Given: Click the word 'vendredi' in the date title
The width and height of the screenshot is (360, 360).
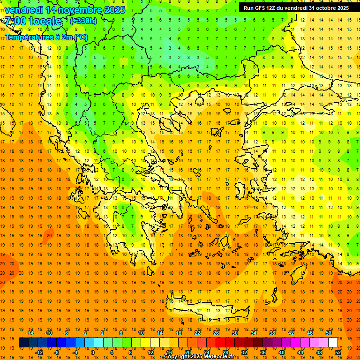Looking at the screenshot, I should [25, 10].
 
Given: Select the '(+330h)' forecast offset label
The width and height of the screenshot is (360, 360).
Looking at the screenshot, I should [83, 21].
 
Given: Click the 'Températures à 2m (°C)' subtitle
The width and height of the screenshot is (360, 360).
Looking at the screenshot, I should [46, 37].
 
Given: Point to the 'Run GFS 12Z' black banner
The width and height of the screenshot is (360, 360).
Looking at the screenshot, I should [296, 8].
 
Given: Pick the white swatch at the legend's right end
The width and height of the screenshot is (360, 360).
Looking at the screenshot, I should [333, 343].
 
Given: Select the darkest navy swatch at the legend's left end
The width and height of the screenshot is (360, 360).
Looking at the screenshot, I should [23, 343].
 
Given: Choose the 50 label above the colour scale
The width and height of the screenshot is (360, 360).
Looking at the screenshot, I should [328, 333].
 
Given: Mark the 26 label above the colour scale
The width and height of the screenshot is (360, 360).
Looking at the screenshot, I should [216, 333].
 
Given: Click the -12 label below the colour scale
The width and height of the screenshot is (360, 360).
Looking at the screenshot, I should [39, 352].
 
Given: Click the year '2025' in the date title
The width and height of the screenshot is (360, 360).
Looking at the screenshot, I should [114, 10].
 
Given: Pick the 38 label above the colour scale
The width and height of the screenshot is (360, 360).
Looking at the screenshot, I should [272, 333].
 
